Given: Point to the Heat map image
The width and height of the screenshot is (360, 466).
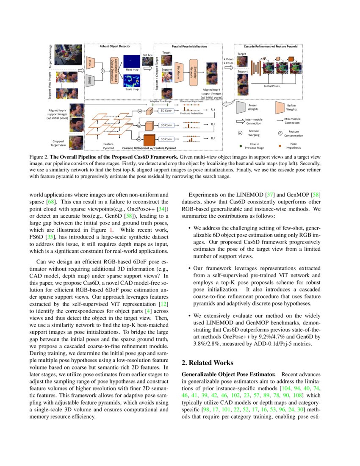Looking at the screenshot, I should coord(134,59).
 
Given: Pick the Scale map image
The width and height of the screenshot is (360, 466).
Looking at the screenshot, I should coord(134,81).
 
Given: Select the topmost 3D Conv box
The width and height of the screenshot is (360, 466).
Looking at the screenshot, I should coord(166,111).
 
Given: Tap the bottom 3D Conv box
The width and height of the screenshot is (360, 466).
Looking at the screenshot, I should coord(166,139).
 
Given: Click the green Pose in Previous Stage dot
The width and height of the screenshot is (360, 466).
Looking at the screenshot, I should coord(241,146).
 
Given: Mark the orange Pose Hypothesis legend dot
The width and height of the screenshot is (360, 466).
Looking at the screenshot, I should coord(280,146).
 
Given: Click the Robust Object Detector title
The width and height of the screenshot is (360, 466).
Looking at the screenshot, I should coord(115,46).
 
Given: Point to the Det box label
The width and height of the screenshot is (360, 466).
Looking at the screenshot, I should coord(147,55).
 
